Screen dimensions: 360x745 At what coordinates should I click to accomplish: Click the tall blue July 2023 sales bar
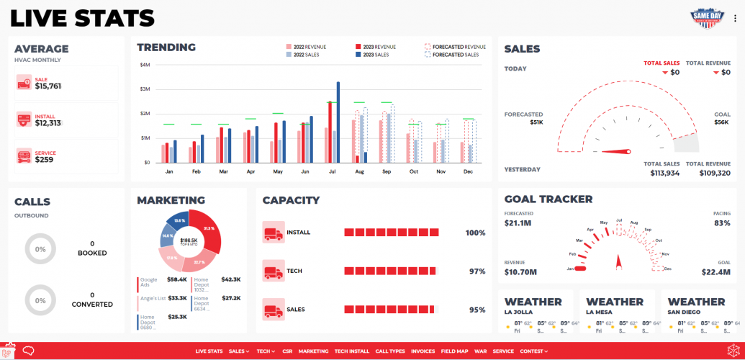pos(338,122)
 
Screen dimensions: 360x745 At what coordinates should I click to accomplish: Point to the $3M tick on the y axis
pos(145,89)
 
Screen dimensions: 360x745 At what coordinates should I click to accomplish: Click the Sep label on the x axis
pos(387,172)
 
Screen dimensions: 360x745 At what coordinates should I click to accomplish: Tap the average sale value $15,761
pos(48,86)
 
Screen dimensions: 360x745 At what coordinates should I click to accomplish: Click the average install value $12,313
pos(48,123)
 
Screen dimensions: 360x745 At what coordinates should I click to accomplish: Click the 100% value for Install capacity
pos(475,233)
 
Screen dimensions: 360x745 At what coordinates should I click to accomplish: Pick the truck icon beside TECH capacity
pos(274,271)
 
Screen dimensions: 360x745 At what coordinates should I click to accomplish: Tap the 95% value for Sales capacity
pos(477,310)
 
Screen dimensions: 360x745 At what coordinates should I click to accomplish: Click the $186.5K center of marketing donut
pos(189,240)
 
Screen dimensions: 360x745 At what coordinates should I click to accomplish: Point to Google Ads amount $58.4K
pos(176,279)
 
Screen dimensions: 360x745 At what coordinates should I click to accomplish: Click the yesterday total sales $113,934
pos(662,173)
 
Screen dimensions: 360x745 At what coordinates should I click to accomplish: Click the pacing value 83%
pos(721,223)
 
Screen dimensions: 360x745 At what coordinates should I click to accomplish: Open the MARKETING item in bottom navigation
pos(313,351)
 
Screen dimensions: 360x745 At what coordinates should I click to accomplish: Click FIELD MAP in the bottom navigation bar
pos(454,351)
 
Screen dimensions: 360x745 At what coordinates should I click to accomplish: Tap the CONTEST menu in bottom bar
pos(533,351)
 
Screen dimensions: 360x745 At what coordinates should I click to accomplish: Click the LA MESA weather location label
pos(601,312)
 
